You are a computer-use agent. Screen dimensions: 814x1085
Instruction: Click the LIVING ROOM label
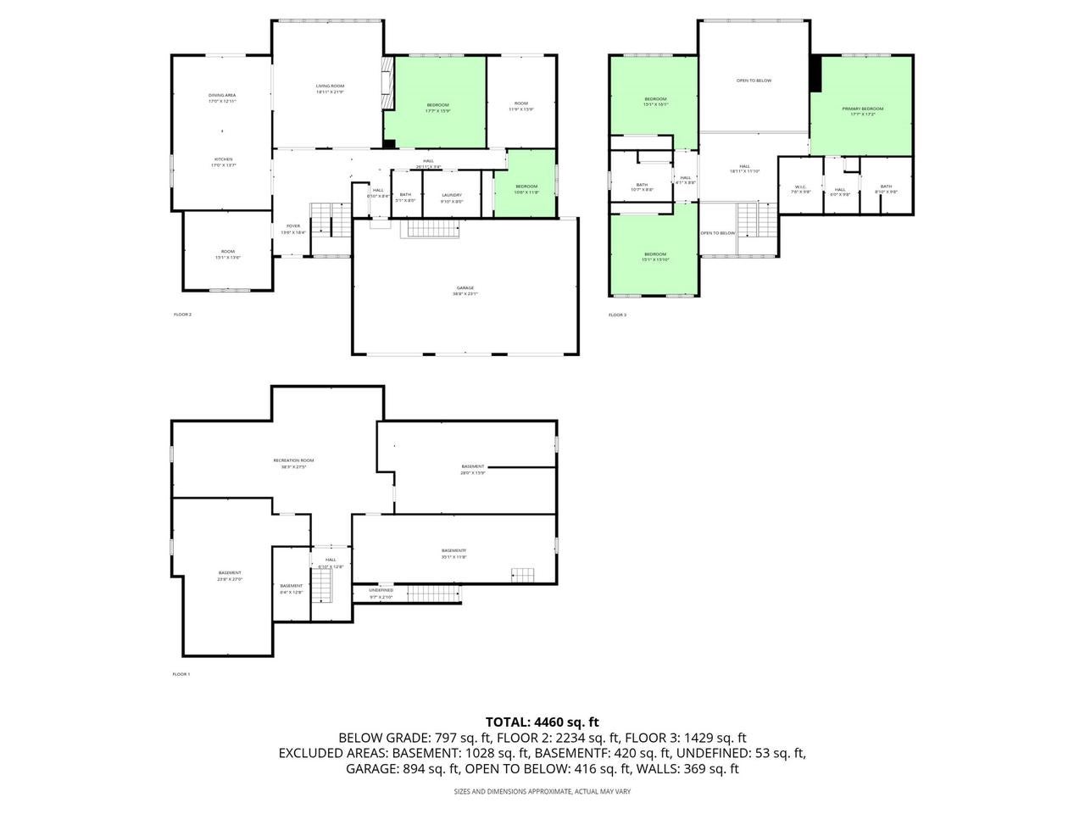tap(330, 86)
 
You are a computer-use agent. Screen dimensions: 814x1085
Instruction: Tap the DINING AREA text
tap(222, 95)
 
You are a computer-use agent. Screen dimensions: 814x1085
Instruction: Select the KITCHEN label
tap(223, 159)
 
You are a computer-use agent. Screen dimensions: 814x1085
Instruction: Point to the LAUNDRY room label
tap(452, 195)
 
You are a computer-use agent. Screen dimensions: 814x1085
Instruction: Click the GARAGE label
tap(465, 288)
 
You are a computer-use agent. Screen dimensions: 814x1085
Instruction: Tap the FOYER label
tap(292, 226)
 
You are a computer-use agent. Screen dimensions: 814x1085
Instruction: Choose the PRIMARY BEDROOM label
tap(862, 109)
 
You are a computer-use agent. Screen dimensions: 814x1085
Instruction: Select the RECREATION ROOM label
tap(293, 460)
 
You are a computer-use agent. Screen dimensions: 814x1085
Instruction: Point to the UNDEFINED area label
tap(381, 590)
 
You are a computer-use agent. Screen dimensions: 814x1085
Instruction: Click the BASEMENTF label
tap(453, 551)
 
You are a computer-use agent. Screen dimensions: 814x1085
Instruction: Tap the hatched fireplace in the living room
tap(387, 83)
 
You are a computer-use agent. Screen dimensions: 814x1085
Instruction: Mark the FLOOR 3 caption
tap(617, 315)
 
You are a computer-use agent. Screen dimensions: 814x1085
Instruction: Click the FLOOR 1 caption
tap(181, 674)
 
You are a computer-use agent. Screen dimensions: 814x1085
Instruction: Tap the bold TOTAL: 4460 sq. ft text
tap(542, 722)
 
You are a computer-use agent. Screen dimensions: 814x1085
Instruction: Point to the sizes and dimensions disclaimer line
tap(542, 791)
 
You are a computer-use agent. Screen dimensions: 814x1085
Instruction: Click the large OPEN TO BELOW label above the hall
tap(754, 81)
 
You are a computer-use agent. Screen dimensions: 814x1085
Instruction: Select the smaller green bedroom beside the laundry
tap(526, 188)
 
